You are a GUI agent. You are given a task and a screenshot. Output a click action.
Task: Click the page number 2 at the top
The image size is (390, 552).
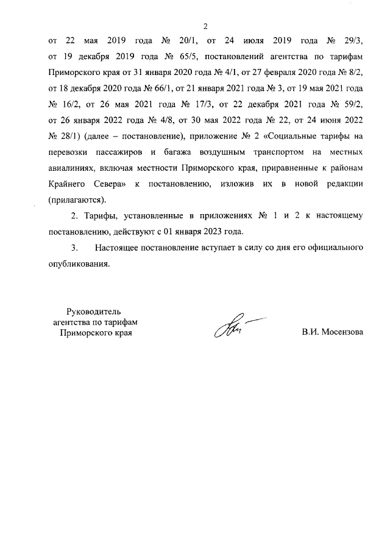coord(205,26)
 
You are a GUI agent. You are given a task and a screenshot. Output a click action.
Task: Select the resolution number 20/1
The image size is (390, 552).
coord(186,42)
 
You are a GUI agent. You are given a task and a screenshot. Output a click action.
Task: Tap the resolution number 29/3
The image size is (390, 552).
coord(353,42)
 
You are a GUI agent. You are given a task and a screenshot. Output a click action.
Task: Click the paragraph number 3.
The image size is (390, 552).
coord(74,248)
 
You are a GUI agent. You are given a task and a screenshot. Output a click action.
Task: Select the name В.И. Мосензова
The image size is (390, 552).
coord(332,333)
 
